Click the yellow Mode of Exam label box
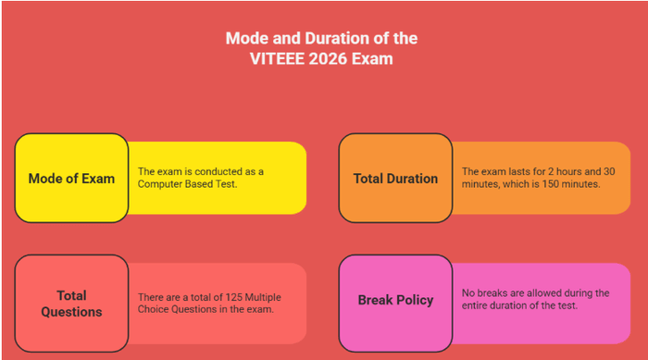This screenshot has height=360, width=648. click(71, 179)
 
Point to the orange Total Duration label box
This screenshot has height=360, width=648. click(395, 179)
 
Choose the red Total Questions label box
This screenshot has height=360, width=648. click(71, 304)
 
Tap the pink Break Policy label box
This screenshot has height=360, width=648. click(395, 300)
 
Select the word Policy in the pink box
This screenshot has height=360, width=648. click(414, 300)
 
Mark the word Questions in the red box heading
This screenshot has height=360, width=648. click(71, 312)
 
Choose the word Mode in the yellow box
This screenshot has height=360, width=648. click(45, 179)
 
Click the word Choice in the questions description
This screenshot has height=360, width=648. click(154, 309)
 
